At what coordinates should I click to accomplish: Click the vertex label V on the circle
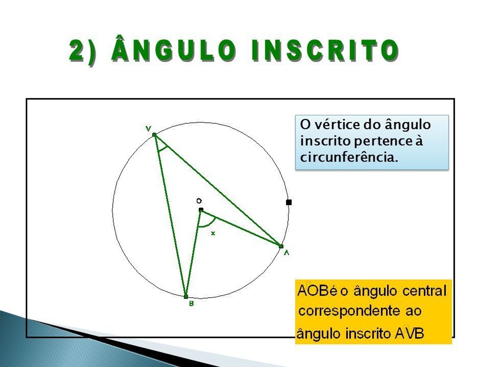(x=149, y=129)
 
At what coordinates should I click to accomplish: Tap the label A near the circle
(x=286, y=253)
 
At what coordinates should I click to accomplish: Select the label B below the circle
(x=192, y=303)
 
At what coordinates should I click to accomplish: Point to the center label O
(x=199, y=201)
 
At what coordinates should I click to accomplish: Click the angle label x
(x=213, y=234)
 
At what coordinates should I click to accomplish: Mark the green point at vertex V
(x=154, y=135)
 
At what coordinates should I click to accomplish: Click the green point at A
(x=281, y=246)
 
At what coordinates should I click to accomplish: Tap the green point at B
(x=186, y=296)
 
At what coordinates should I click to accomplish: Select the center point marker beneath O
(x=201, y=210)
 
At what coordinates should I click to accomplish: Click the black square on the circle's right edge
(x=289, y=202)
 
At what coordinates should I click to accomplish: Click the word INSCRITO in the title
(x=325, y=50)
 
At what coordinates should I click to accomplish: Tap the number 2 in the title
(x=77, y=51)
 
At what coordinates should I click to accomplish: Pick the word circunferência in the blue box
(x=349, y=157)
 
